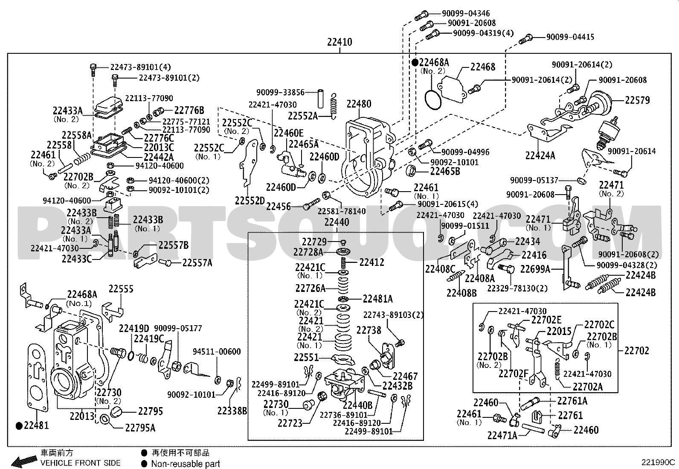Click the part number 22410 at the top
pyautogui.click(x=339, y=42)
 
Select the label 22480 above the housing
pyautogui.click(x=359, y=104)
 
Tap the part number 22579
pyautogui.click(x=638, y=100)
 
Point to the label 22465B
pyautogui.click(x=445, y=172)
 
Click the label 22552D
pyautogui.click(x=250, y=201)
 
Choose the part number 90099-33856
pyautogui.click(x=280, y=92)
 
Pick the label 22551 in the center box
pyautogui.click(x=306, y=358)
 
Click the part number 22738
pyautogui.click(x=369, y=330)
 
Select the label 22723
pyautogui.click(x=290, y=423)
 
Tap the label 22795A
pyautogui.click(x=140, y=428)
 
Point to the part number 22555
pyautogui.click(x=121, y=289)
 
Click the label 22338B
pyautogui.click(x=232, y=411)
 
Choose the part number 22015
pyautogui.click(x=559, y=331)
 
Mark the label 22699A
pyautogui.click(x=535, y=269)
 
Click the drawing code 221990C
pyautogui.click(x=658, y=462)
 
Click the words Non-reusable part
pyautogui.click(x=186, y=464)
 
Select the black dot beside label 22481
pyautogui.click(x=19, y=426)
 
